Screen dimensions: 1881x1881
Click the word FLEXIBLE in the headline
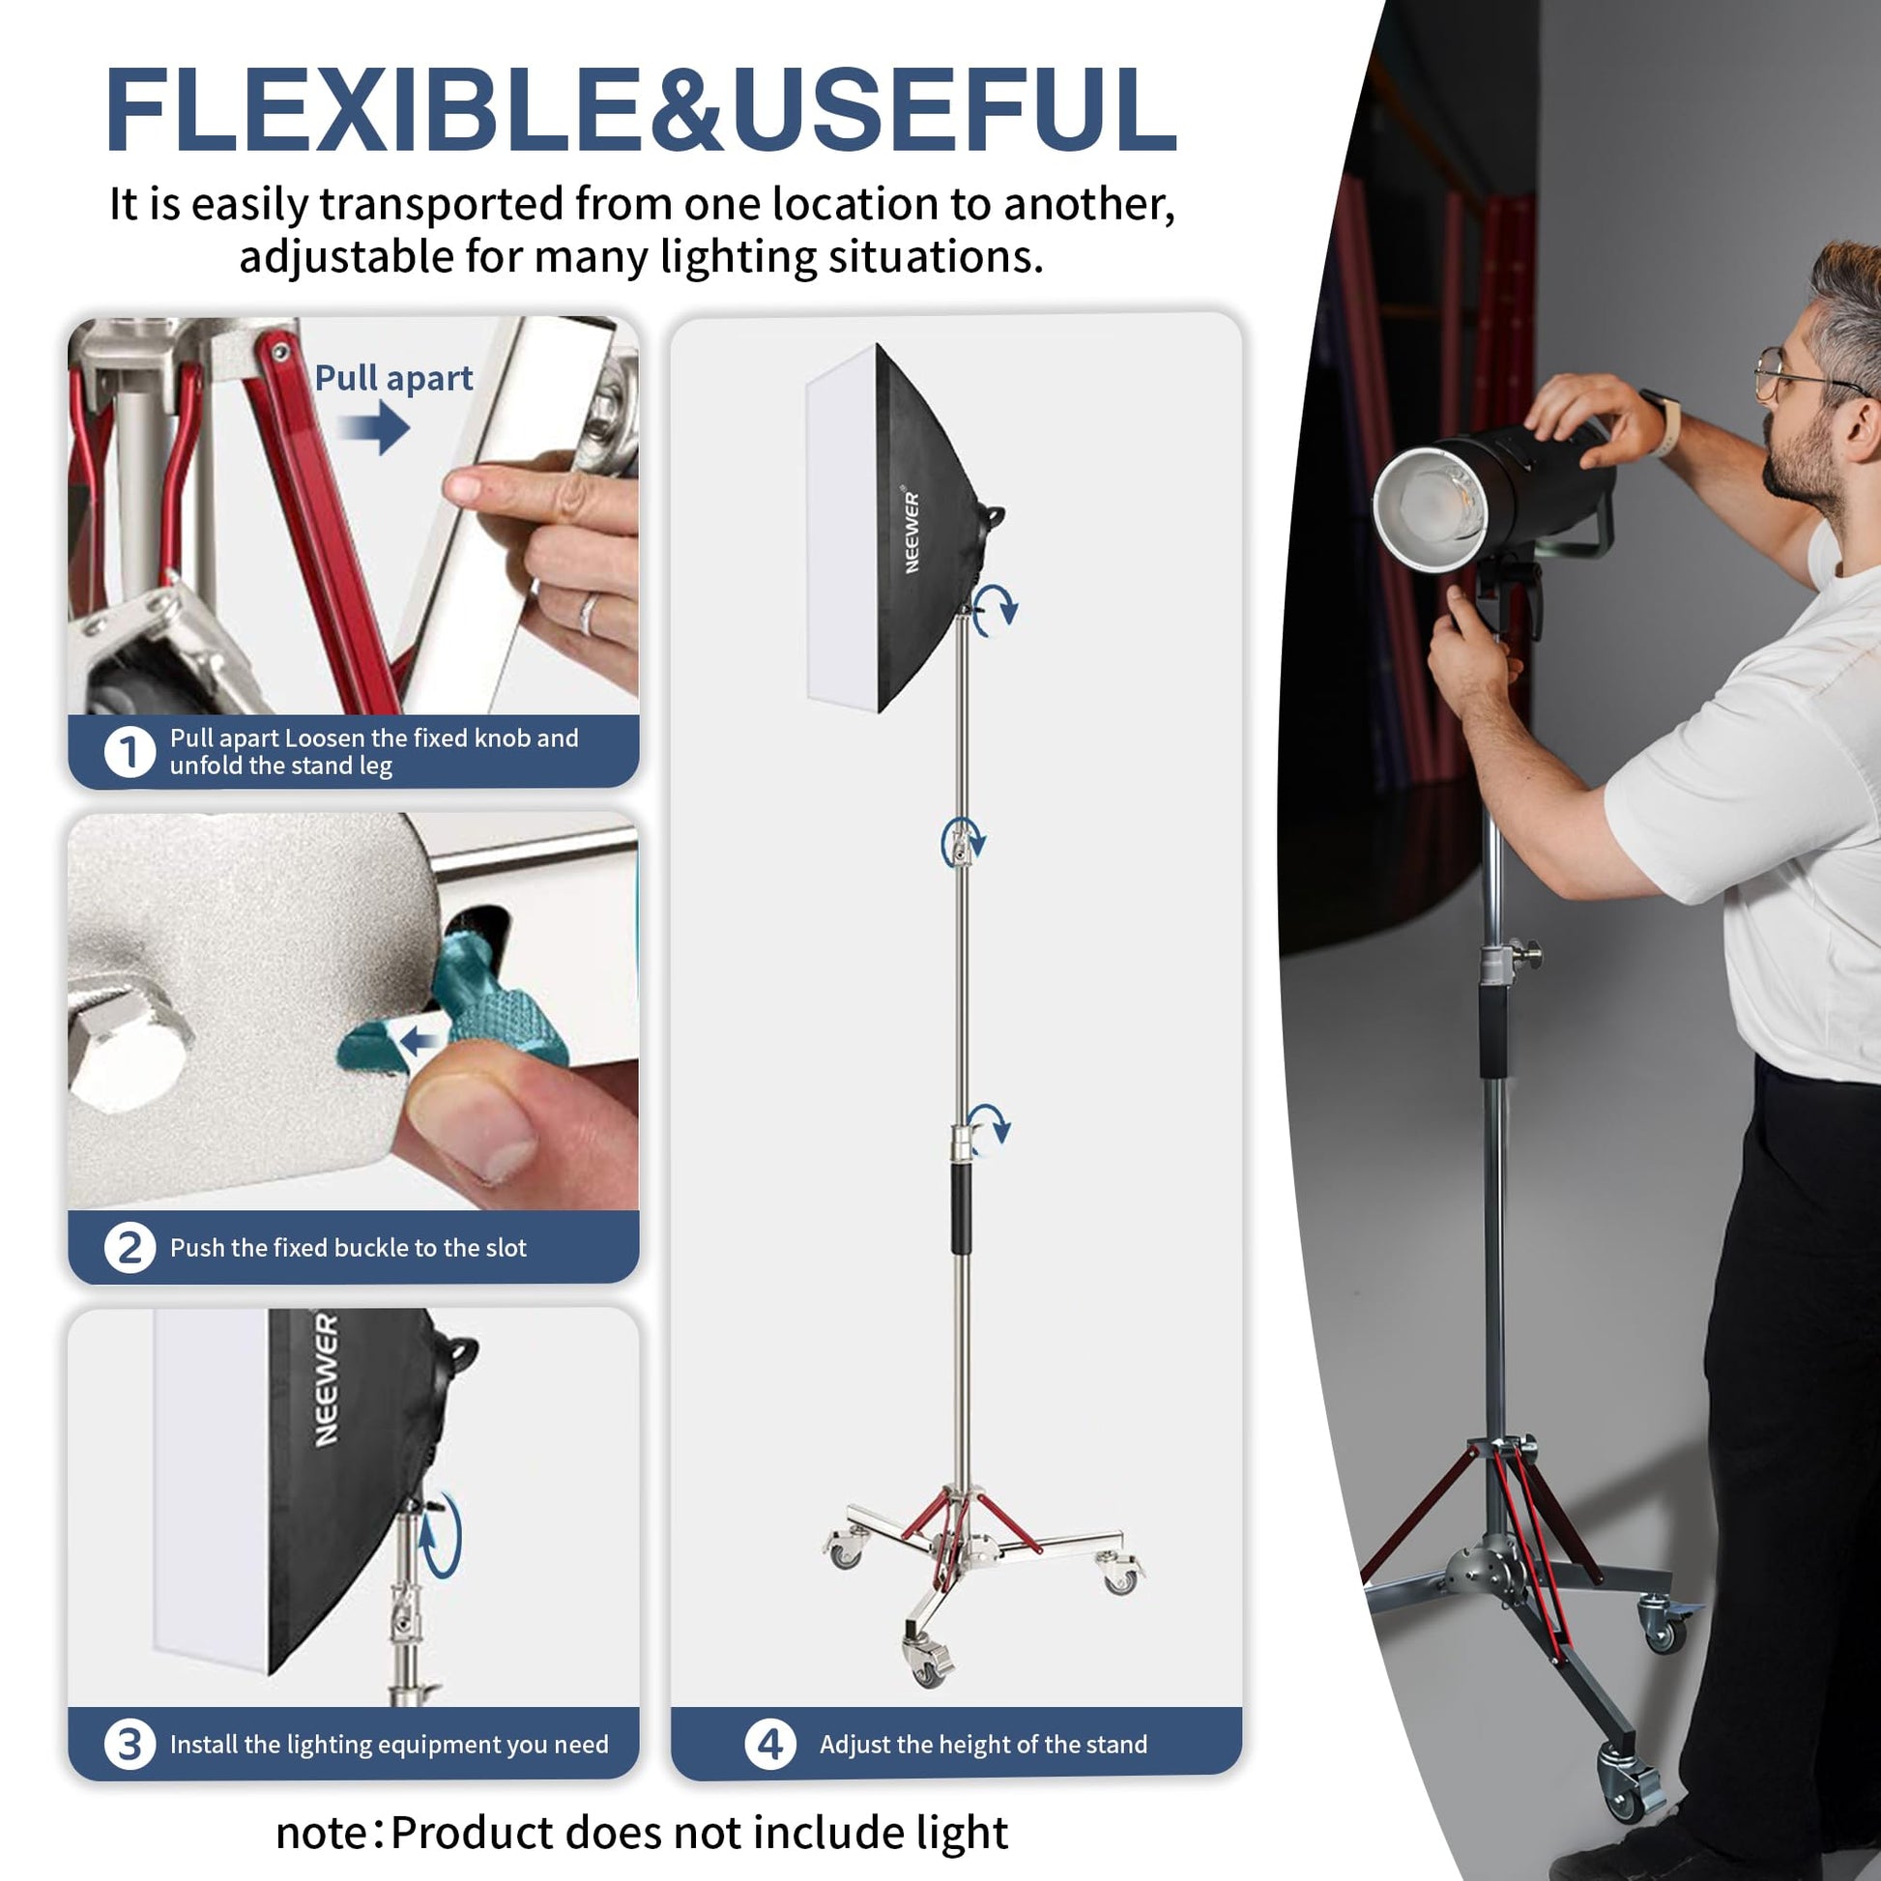click(x=373, y=109)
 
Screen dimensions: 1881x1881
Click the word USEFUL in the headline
click(x=954, y=109)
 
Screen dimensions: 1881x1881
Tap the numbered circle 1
click(x=130, y=752)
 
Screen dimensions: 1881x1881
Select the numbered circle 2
click(x=130, y=1248)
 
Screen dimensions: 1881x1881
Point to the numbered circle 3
click(x=130, y=1745)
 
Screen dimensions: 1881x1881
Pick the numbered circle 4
click(x=770, y=1745)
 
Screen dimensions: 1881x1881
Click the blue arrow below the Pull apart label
click(x=374, y=426)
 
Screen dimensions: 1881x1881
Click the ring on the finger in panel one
click(x=588, y=614)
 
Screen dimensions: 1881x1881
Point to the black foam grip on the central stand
click(x=961, y=1208)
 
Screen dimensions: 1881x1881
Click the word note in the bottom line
click(x=320, y=1835)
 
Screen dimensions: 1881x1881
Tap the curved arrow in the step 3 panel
click(x=440, y=1534)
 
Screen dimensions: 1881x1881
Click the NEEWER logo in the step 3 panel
click(x=326, y=1379)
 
